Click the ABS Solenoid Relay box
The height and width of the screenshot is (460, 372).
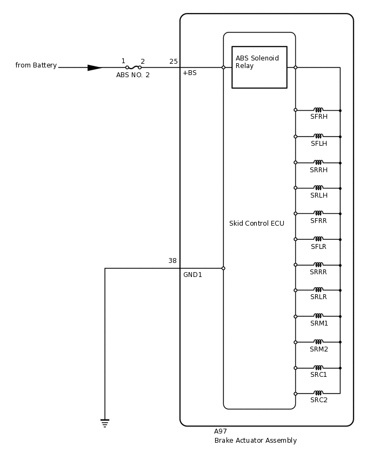click(x=259, y=67)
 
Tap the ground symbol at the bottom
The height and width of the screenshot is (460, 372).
click(x=105, y=423)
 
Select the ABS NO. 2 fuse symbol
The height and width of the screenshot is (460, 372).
click(x=134, y=67)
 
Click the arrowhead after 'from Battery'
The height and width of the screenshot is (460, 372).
click(x=95, y=67)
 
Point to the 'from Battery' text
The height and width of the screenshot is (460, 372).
click(x=36, y=65)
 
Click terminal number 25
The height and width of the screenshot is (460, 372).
click(x=173, y=62)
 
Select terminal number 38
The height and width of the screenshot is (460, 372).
click(x=172, y=261)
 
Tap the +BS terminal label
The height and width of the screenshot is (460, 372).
click(x=189, y=73)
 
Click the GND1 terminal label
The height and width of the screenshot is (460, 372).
click(x=192, y=275)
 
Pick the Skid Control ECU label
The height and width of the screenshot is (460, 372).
click(x=256, y=224)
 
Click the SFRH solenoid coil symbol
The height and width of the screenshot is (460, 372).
click(x=318, y=110)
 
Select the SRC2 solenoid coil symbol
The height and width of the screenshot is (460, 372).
click(x=318, y=393)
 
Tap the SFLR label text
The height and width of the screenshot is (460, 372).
click(x=318, y=247)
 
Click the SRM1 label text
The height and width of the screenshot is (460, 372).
click(x=319, y=323)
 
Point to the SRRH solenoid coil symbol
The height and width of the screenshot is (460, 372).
click(x=318, y=162)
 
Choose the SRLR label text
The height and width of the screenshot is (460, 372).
click(x=318, y=297)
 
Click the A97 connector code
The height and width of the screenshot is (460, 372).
click(x=221, y=431)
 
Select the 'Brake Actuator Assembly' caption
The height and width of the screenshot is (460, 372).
click(x=255, y=441)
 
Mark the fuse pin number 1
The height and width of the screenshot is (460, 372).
click(x=123, y=61)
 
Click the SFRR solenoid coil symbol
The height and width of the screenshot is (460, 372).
click(x=318, y=213)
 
